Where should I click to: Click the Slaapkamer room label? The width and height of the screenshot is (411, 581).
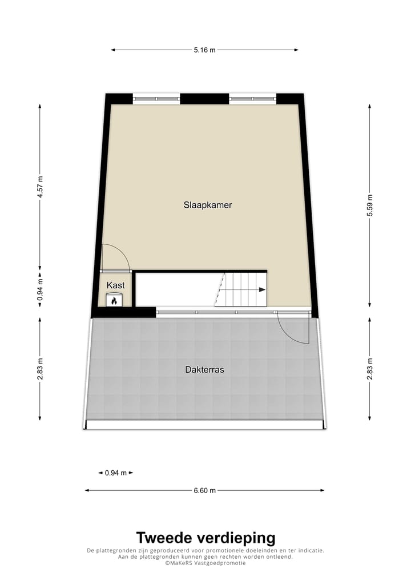click(x=208, y=205)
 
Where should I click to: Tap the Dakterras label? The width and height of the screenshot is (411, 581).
click(x=204, y=370)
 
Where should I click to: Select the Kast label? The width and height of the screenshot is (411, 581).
click(x=116, y=285)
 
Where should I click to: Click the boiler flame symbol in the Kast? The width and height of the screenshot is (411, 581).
click(x=114, y=300)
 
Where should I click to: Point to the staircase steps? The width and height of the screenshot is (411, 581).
click(x=243, y=289)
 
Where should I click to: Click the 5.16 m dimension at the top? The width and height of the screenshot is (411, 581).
click(x=204, y=50)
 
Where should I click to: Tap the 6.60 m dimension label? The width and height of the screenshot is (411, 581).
click(x=204, y=490)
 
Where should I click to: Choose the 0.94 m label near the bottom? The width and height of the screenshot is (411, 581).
click(x=116, y=473)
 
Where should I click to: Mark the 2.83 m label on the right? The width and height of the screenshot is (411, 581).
click(x=370, y=368)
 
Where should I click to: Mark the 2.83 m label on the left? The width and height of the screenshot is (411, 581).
click(x=40, y=368)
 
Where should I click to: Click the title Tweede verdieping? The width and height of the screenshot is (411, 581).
click(x=205, y=538)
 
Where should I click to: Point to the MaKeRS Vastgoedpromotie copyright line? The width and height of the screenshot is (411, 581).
click(x=205, y=563)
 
